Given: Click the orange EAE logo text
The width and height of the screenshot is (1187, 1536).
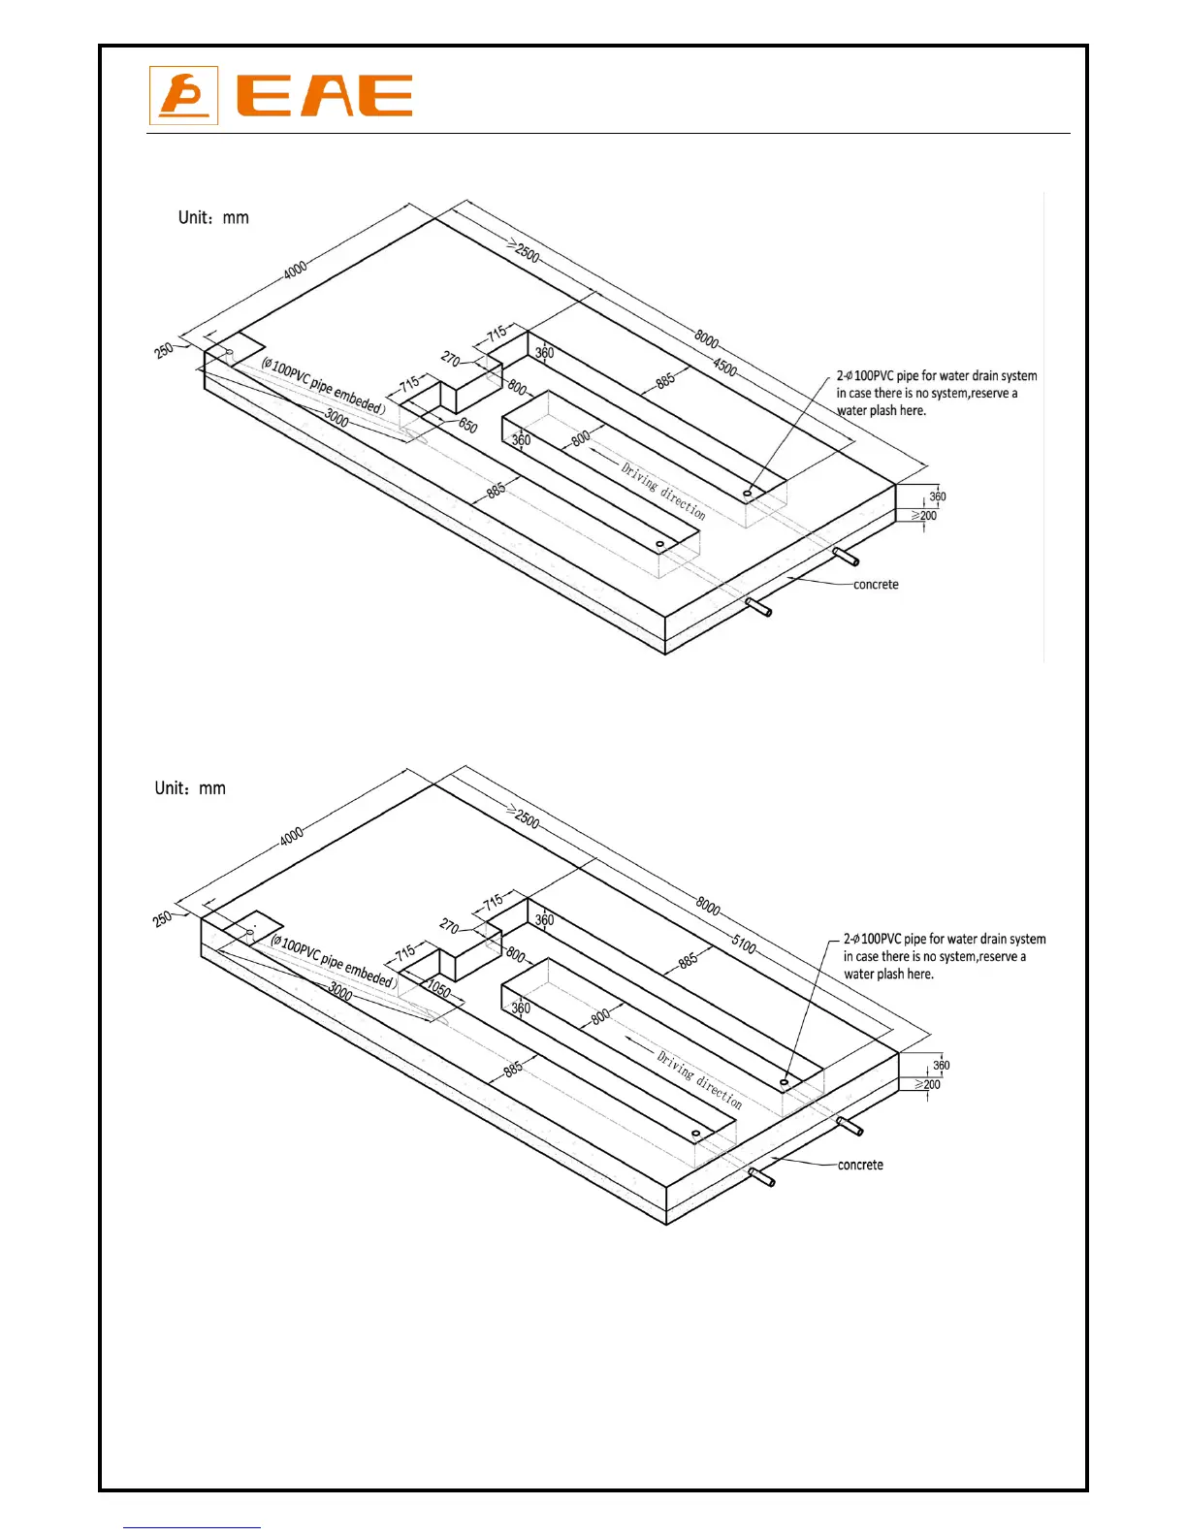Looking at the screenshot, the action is click(x=325, y=96).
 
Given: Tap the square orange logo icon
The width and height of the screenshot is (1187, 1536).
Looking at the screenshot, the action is click(x=183, y=96).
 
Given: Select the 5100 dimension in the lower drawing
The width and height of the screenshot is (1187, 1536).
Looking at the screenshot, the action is click(x=744, y=944).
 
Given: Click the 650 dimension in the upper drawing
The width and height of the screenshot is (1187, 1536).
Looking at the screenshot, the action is click(x=467, y=426).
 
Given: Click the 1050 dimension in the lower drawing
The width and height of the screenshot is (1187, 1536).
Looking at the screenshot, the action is click(x=439, y=990).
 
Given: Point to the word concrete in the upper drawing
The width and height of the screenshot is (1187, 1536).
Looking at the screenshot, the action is click(x=876, y=585).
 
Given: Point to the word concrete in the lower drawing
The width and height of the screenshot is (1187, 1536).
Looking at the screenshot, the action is click(x=860, y=1165).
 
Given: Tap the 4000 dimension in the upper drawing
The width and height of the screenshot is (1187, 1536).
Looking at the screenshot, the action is click(x=295, y=268).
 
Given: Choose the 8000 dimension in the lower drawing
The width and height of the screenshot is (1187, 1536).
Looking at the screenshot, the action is click(x=708, y=907).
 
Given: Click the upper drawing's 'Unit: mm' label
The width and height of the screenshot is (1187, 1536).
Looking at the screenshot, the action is click(x=213, y=217).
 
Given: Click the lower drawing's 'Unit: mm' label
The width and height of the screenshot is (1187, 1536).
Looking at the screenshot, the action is click(x=190, y=788).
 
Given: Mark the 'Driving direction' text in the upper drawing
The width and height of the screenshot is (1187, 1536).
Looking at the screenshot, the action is click(x=663, y=491).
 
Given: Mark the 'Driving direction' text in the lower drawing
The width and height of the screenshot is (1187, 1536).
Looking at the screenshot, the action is click(x=699, y=1080).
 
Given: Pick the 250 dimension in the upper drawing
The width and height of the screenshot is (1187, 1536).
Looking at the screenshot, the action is click(x=164, y=350).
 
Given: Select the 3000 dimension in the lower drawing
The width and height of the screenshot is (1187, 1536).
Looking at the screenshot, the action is click(x=340, y=990).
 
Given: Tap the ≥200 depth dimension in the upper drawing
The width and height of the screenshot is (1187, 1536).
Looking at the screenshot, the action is click(x=924, y=516).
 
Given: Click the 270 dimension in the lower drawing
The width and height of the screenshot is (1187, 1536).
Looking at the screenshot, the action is click(x=449, y=926).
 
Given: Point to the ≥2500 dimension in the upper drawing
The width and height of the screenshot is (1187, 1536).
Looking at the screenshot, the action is click(x=523, y=251).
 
